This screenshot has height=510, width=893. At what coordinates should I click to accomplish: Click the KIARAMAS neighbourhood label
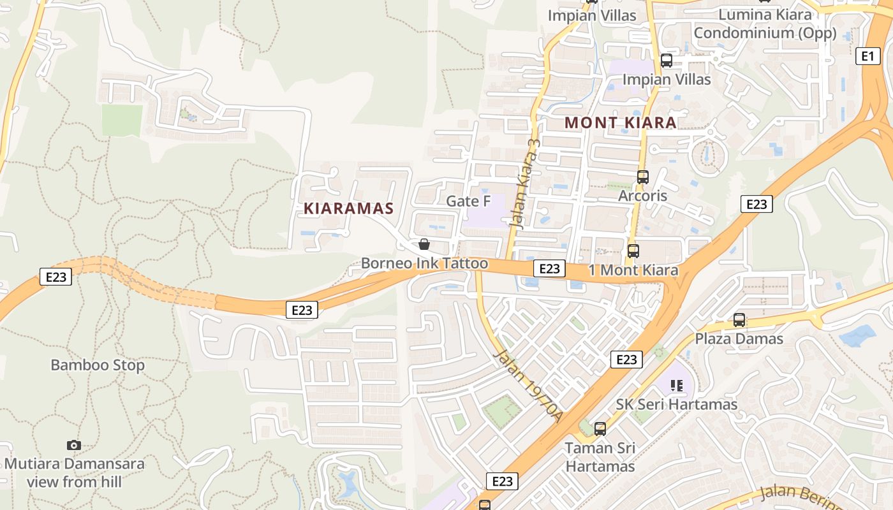pyautogui.click(x=348, y=208)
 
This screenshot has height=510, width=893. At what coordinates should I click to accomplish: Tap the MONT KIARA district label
pyautogui.click(x=621, y=122)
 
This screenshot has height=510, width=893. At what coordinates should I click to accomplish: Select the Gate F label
pyautogui.click(x=468, y=201)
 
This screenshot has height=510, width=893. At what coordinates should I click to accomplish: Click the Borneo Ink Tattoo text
pyautogui.click(x=424, y=263)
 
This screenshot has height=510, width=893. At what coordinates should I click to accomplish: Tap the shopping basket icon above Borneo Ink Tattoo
pyautogui.click(x=424, y=244)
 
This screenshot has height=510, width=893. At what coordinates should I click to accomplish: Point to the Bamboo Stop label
pyautogui.click(x=98, y=365)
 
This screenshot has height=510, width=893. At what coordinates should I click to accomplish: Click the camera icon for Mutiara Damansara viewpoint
pyautogui.click(x=74, y=445)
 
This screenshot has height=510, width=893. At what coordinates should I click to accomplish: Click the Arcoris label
pyautogui.click(x=642, y=196)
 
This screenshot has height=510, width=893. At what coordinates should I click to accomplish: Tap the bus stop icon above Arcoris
pyautogui.click(x=642, y=177)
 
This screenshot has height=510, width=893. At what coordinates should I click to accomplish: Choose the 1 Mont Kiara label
pyautogui.click(x=633, y=270)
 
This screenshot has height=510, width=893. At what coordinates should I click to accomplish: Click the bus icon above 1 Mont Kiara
pyautogui.click(x=633, y=251)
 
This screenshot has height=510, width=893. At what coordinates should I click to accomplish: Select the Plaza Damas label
pyautogui.click(x=739, y=339)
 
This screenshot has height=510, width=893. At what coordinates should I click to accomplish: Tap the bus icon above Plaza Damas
pyautogui.click(x=739, y=320)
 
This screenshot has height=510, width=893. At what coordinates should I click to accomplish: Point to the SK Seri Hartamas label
pyautogui.click(x=676, y=404)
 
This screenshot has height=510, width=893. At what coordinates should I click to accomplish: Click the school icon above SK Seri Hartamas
pyautogui.click(x=677, y=386)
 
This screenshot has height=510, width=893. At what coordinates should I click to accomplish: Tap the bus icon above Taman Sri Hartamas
pyautogui.click(x=600, y=429)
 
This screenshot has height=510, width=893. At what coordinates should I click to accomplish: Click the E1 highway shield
pyautogui.click(x=867, y=56)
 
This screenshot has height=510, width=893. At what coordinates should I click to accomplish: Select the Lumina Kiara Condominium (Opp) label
pyautogui.click(x=765, y=24)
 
